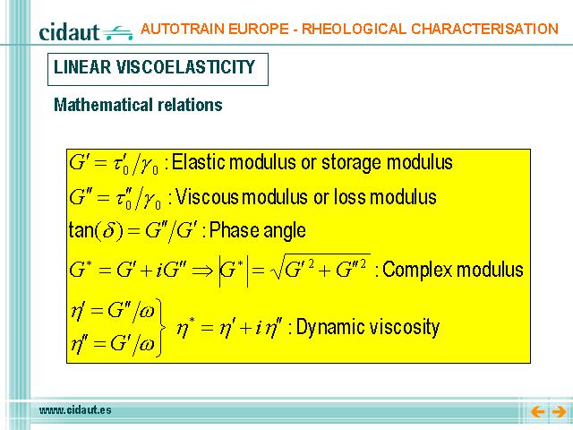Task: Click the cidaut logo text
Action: pyautogui.click(x=69, y=32)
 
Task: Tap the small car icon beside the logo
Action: pyautogui.click(x=117, y=32)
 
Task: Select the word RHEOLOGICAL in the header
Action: pyautogui.click(x=354, y=29)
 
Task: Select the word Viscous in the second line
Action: pyautogui.click(x=207, y=197)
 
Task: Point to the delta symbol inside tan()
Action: pyautogui.click(x=109, y=231)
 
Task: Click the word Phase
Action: pyautogui.click(x=234, y=230)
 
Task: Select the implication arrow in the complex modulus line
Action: pyautogui.click(x=202, y=271)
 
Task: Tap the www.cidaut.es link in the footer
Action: pyautogui.click(x=75, y=410)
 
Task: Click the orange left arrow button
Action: pyautogui.click(x=538, y=412)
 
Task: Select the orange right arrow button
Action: pyautogui.click(x=559, y=412)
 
